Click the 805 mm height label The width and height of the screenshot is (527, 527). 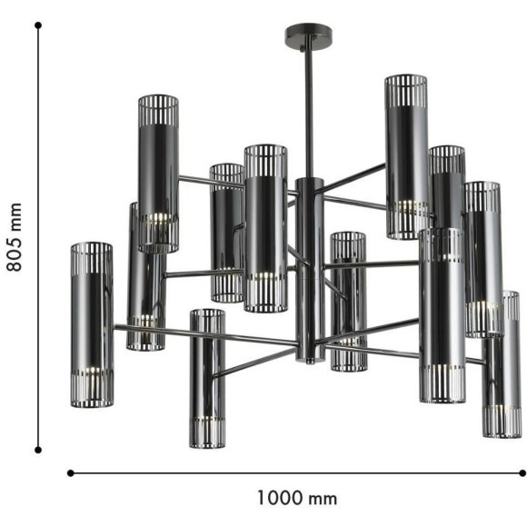[x=14, y=238]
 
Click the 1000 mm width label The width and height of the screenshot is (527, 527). [x=296, y=498]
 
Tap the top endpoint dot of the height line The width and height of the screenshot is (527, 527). [x=38, y=25]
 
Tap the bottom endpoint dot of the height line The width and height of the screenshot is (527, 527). [x=38, y=449]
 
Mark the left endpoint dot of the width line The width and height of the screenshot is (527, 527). [x=71, y=472]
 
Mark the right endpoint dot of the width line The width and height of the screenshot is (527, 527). [x=522, y=472]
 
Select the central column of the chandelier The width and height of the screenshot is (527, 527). [x=309, y=263]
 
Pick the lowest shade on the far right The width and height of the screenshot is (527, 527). [x=501, y=363]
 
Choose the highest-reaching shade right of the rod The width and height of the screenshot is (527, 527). [x=405, y=154]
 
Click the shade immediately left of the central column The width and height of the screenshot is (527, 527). [x=265, y=227]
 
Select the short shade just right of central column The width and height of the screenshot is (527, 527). [x=348, y=300]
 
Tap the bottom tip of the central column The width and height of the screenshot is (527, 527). [x=309, y=360]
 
